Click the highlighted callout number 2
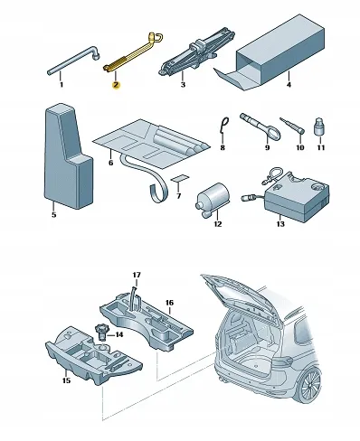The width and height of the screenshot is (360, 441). tap(116, 85)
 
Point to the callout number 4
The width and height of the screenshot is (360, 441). tap(289, 85)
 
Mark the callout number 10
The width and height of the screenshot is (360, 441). tap(300, 147)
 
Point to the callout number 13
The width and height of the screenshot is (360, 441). tap(280, 224)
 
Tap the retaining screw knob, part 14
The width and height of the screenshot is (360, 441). tap(102, 333)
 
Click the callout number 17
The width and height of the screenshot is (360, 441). tap(137, 275)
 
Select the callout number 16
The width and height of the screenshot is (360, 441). tap(170, 303)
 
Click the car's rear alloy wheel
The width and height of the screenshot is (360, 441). tap(310, 387)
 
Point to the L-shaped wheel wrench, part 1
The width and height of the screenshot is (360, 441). tap(72, 61)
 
